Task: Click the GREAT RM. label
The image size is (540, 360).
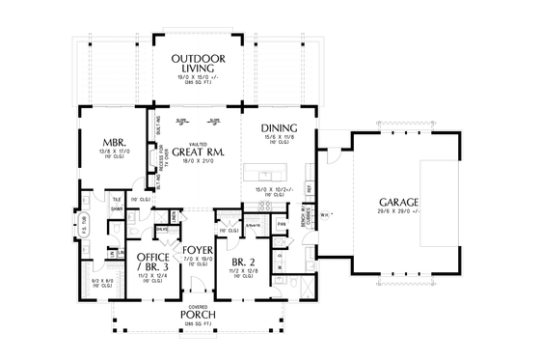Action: pyautogui.click(x=200, y=151)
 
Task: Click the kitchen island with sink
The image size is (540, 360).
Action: pyautogui.click(x=269, y=175)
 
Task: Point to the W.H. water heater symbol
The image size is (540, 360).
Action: pyautogui.click(x=325, y=214)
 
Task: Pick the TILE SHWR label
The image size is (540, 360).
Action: pyautogui.click(x=115, y=202)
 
